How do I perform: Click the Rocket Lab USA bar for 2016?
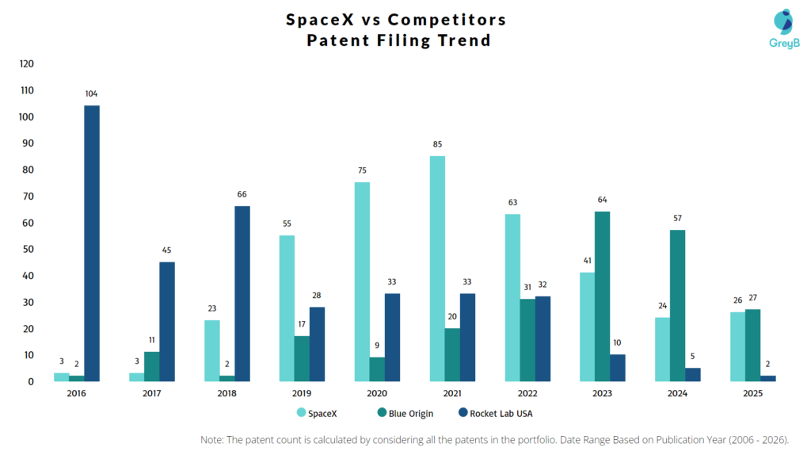[92, 243]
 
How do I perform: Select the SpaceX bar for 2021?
[437, 269]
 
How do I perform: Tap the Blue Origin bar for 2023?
[603, 296]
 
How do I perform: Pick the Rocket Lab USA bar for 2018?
[242, 294]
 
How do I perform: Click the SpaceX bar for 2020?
[362, 282]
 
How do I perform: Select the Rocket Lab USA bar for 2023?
[618, 368]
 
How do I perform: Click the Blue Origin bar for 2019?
[302, 359]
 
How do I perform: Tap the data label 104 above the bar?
[92, 94]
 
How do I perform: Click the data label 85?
[437, 144]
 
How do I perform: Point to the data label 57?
[678, 218]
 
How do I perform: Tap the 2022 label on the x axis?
[527, 394]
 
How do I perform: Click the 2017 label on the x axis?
[152, 394]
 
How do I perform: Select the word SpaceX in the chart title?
[324, 20]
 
